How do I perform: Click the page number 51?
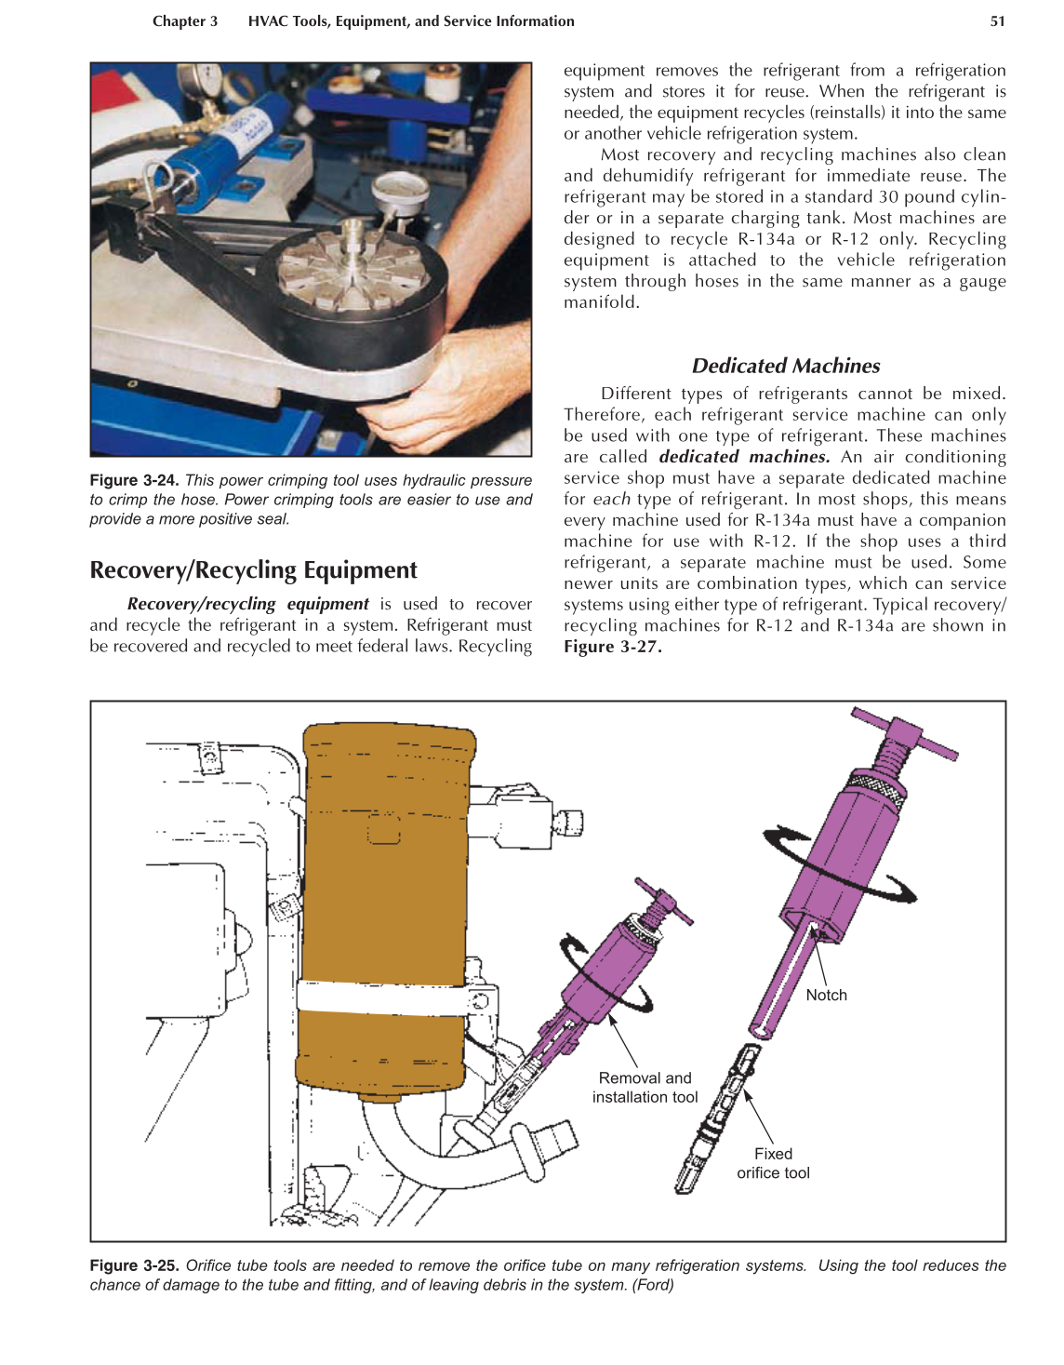tap(997, 21)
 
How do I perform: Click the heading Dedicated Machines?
tap(785, 366)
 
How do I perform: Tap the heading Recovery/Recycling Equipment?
tap(253, 569)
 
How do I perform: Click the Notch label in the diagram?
tap(826, 995)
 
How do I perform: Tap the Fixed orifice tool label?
tap(773, 1163)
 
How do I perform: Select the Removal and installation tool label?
tap(645, 1087)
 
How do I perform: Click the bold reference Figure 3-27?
tap(612, 647)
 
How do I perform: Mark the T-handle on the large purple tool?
tap(904, 733)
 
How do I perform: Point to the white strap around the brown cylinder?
tap(381, 998)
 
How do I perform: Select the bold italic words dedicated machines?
tap(744, 457)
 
